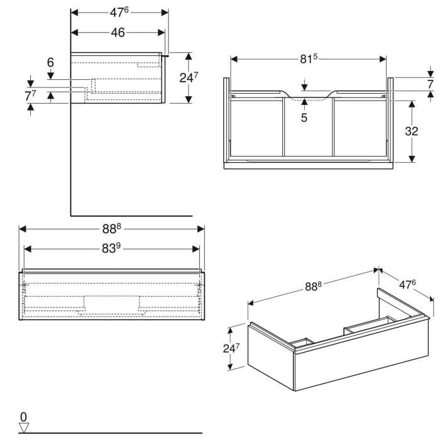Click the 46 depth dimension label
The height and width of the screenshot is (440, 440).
pos(118,33)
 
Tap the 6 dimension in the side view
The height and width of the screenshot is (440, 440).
pos(50,62)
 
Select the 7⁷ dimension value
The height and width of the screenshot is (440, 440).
pos(30,96)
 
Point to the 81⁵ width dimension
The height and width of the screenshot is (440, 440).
pos(307,58)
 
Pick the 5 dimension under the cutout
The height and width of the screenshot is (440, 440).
pos(304,117)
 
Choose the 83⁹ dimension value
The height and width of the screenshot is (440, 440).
pos(111,249)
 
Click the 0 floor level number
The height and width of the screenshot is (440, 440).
pos(23,416)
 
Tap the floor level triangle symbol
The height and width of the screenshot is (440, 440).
pos(24,428)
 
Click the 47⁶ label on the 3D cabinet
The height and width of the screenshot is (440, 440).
pos(408,284)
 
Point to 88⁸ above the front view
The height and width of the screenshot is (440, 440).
pos(112,228)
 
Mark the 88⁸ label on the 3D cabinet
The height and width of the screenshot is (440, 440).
pos(313,286)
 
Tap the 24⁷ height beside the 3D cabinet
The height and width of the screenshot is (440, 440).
pos(233,347)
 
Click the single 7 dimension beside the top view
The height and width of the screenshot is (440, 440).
pos(431,84)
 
